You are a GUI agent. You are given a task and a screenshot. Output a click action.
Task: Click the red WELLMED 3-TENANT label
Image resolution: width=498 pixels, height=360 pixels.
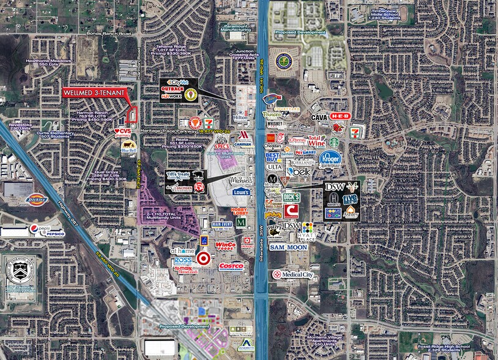[x=94, y=93]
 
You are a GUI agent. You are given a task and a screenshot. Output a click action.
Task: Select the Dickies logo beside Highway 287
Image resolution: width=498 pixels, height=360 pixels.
[x=37, y=199]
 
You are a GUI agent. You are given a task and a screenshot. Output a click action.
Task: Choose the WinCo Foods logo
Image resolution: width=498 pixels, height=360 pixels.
[x=225, y=246]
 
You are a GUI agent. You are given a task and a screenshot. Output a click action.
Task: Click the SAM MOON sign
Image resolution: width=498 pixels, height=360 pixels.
[x=288, y=247]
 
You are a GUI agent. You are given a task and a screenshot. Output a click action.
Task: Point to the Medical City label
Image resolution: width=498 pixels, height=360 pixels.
[x=293, y=275]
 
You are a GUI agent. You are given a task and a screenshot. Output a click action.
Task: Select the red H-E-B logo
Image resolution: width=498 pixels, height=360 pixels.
[x=339, y=116]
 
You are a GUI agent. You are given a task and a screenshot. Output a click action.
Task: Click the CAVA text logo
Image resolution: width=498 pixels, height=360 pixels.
[x=319, y=116]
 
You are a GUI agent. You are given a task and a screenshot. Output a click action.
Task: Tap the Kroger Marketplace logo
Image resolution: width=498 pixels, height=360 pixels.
[x=329, y=157]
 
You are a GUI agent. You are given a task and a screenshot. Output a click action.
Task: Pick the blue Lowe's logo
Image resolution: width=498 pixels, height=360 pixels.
[x=241, y=192]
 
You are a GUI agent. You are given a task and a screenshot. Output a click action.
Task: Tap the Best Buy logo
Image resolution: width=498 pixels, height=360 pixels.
[x=273, y=157]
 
